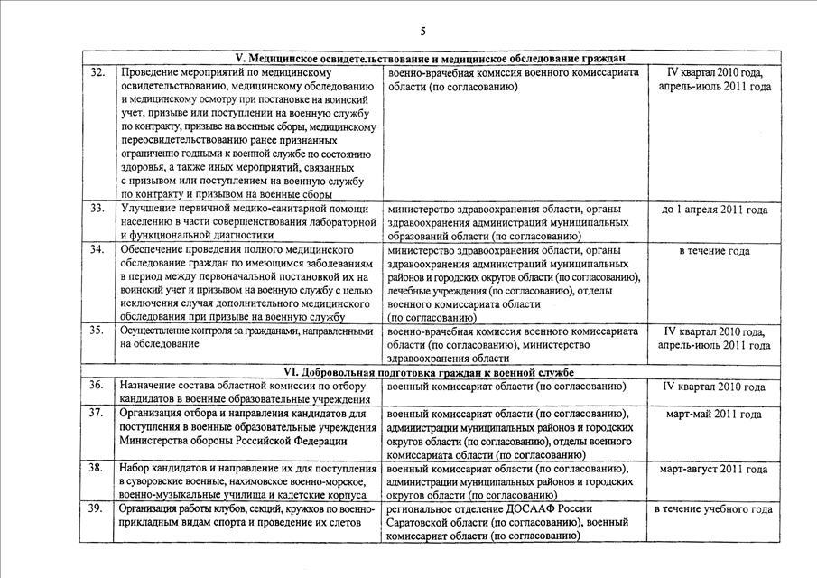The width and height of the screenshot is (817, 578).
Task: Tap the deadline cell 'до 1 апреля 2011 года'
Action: (715, 210)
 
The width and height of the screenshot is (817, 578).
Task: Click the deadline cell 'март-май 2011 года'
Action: (713, 415)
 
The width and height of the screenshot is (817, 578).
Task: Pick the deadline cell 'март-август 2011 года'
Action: (713, 470)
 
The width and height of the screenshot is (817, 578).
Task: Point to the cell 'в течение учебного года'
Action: (713, 509)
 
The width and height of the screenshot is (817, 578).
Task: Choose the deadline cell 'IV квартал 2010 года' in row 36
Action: (714, 387)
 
